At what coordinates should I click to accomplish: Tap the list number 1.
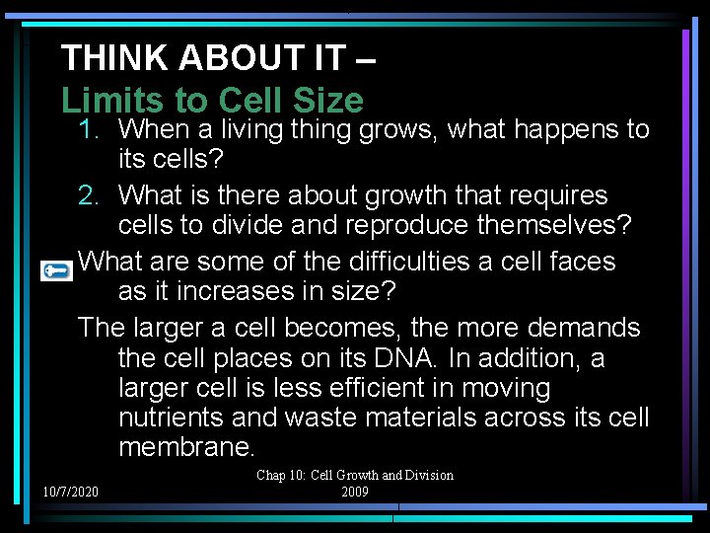pyautogui.click(x=91, y=129)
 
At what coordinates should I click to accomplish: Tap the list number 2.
pyautogui.click(x=91, y=195)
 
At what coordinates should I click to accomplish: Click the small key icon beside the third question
pyautogui.click(x=56, y=269)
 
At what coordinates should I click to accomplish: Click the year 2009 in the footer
pyautogui.click(x=355, y=492)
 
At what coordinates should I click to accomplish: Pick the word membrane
pyautogui.click(x=186, y=447)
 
